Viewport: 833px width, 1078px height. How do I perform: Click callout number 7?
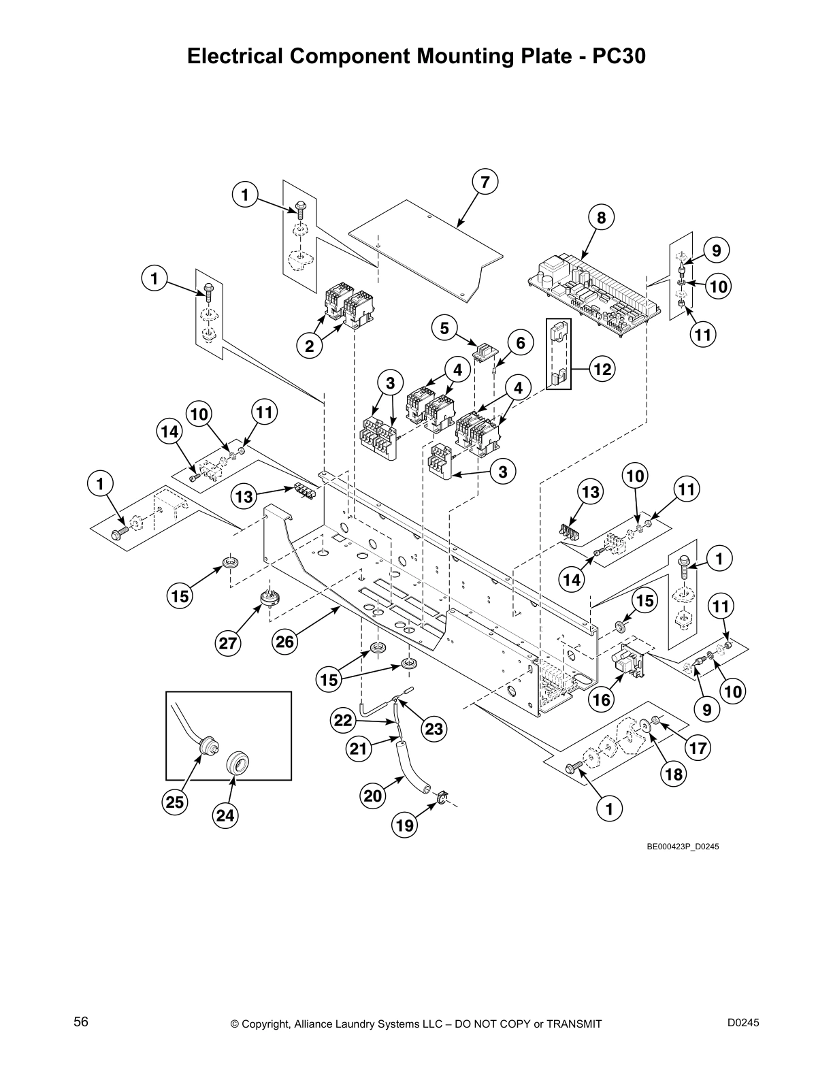[x=485, y=182]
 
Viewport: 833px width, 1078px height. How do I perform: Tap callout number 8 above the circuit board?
[x=601, y=218]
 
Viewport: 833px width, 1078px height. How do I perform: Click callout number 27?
[x=230, y=642]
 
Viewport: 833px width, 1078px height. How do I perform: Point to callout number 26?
[x=286, y=641]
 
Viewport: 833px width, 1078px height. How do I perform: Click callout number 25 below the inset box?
[x=175, y=802]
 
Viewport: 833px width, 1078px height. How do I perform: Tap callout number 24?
[x=226, y=815]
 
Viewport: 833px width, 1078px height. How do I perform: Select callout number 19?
[x=404, y=826]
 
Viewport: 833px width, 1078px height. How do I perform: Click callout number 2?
[x=310, y=346]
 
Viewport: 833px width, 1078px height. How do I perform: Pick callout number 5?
[x=444, y=329]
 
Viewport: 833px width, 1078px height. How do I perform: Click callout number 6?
[x=521, y=342]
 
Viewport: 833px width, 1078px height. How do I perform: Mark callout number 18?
[x=673, y=774]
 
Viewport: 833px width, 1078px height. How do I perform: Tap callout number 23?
[x=434, y=730]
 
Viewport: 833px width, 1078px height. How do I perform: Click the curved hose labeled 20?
[x=410, y=769]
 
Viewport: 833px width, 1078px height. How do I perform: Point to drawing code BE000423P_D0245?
[x=683, y=847]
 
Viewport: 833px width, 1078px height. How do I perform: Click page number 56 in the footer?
[x=81, y=1022]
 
